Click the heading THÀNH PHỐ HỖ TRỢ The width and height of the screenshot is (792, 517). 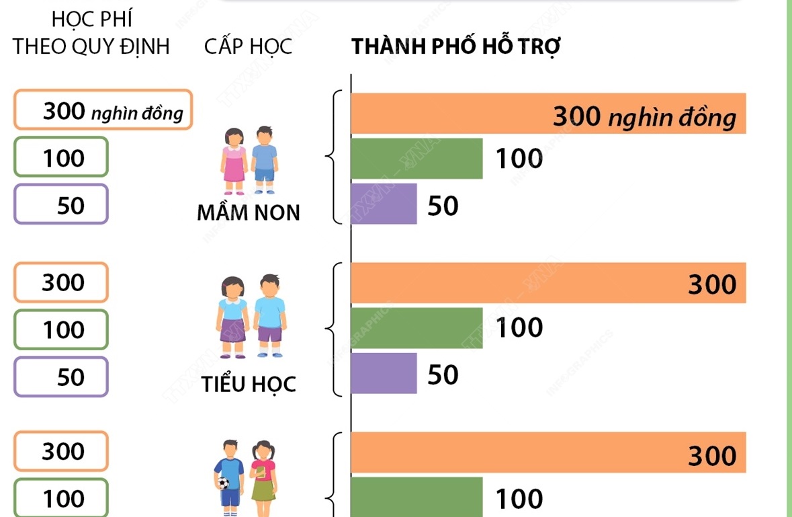click(456, 48)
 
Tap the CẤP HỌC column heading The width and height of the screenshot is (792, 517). click(249, 48)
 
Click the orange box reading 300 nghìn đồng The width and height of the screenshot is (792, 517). click(103, 110)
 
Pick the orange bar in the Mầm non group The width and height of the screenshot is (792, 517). click(547, 114)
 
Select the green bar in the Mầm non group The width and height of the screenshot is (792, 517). click(416, 159)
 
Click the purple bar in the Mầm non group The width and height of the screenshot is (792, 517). click(384, 204)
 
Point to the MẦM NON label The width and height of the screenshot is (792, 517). click(249, 213)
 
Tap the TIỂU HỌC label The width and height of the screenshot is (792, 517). click(249, 385)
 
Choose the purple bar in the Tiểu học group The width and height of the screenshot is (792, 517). click(384, 373)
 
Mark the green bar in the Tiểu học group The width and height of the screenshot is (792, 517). click(416, 328)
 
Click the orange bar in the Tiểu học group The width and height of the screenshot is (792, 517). click(547, 283)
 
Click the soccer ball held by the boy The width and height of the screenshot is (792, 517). click(223, 483)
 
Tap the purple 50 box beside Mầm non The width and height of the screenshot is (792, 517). click(60, 204)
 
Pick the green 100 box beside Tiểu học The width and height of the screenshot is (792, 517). click(60, 329)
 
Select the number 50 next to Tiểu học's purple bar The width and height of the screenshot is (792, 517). click(443, 374)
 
